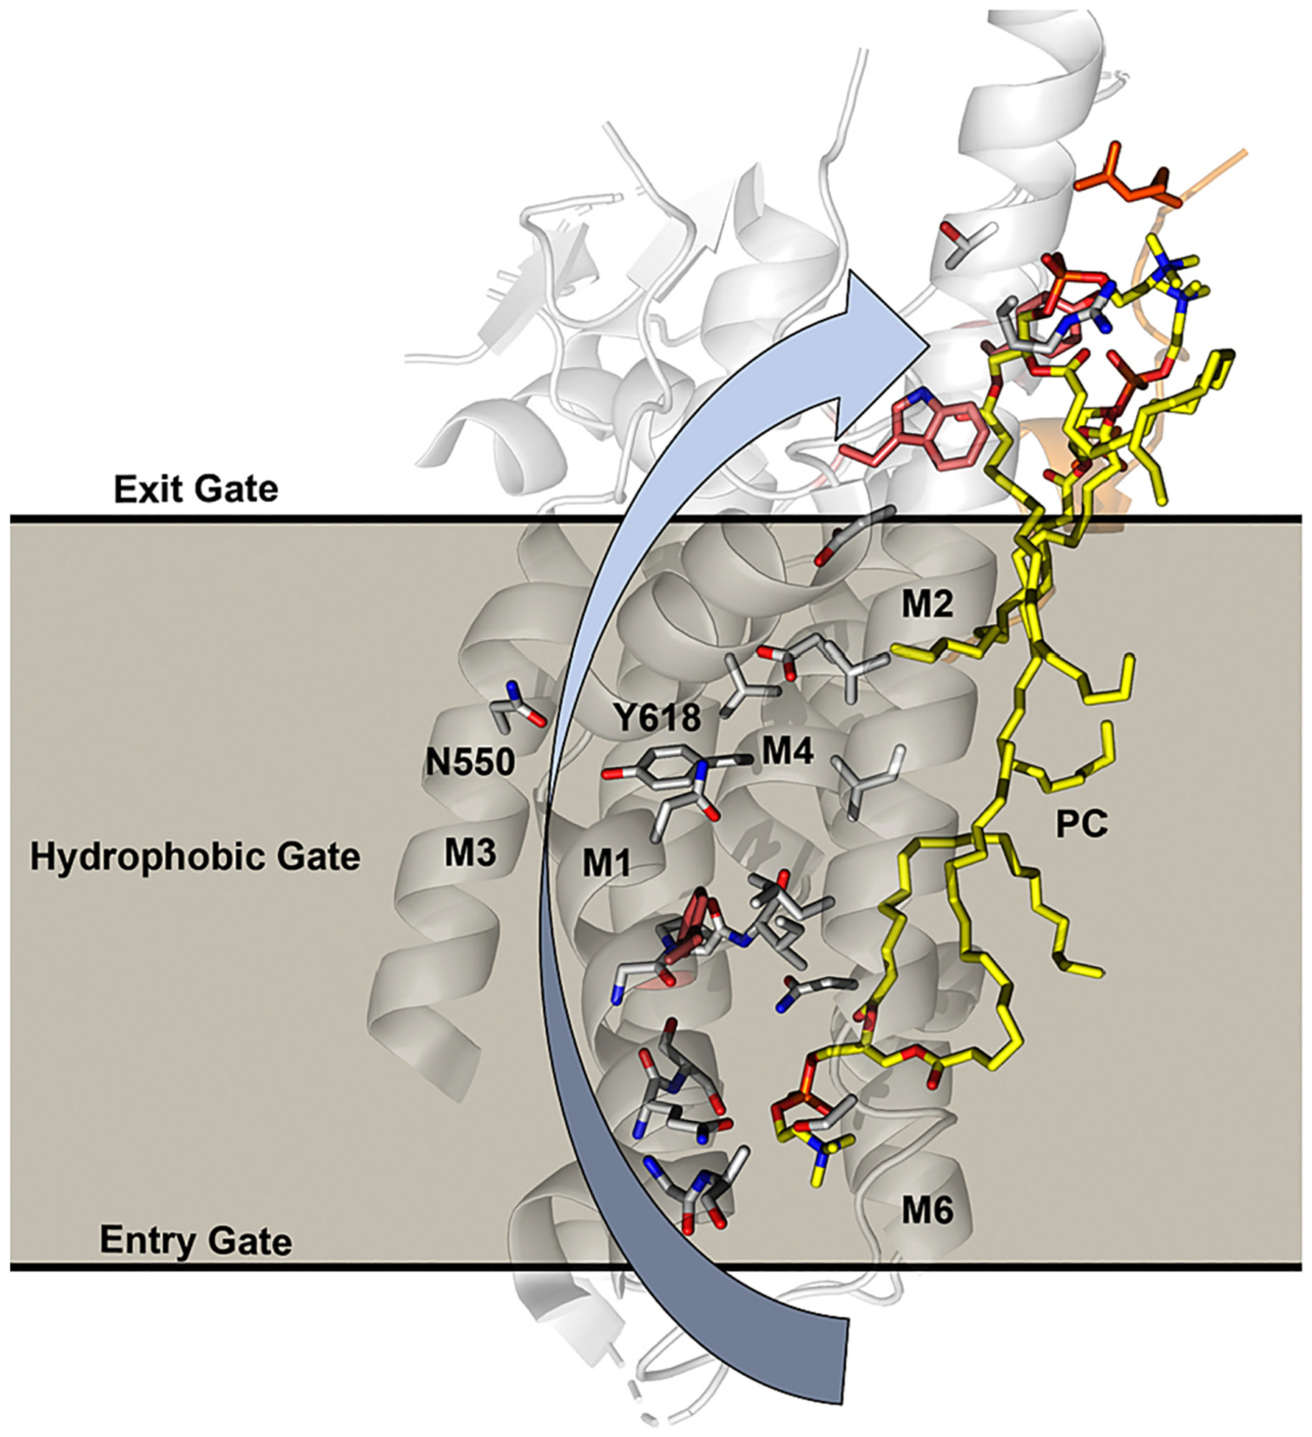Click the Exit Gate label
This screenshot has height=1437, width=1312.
click(x=196, y=489)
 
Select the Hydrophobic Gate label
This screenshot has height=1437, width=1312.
click(x=195, y=858)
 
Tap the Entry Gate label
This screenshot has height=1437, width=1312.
click(x=196, y=1241)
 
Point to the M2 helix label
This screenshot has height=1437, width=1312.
click(x=927, y=605)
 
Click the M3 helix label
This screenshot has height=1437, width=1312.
click(x=470, y=853)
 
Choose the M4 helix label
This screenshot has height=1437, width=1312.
click(x=787, y=752)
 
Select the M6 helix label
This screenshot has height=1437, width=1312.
click(x=927, y=1212)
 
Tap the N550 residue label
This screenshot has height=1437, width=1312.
click(x=470, y=763)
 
